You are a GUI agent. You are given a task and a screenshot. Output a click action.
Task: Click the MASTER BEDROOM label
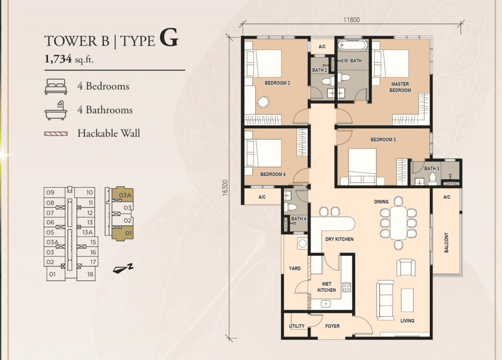pyautogui.click(x=400, y=87)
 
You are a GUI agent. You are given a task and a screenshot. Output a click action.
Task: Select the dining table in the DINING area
pyautogui.click(x=398, y=223)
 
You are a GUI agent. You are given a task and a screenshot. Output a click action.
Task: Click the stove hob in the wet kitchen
pyautogui.click(x=347, y=287)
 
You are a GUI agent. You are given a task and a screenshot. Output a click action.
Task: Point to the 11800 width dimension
pyautogui.click(x=351, y=20)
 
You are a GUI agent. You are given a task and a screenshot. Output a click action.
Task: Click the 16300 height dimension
pyautogui.click(x=225, y=188)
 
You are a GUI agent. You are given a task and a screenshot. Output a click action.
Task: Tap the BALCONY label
pyautogui.click(x=447, y=242)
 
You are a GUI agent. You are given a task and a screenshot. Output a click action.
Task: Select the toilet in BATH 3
pyautogui.click(x=433, y=179)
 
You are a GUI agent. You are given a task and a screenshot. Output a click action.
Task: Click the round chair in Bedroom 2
pyautogui.click(x=263, y=102)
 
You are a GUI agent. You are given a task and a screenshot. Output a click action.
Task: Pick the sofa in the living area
pyautogui.click(x=385, y=300)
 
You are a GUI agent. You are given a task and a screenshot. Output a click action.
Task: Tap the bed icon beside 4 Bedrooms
pyautogui.click(x=56, y=87)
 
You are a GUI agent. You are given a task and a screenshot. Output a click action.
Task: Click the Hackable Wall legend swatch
pyautogui.click(x=56, y=134)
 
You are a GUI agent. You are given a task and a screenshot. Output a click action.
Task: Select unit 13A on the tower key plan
pyautogui.click(x=87, y=232)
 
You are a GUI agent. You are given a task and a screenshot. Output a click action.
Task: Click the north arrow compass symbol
pyautogui.click(x=123, y=269)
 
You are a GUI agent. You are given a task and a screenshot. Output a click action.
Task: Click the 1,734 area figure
pyautogui.click(x=58, y=59)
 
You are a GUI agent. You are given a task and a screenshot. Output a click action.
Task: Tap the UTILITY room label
pyautogui.click(x=297, y=326)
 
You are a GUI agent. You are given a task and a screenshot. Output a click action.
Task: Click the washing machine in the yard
pyautogui.click(x=302, y=244)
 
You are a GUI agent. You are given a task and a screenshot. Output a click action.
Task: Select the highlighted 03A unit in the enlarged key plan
pyautogui.click(x=122, y=194)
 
